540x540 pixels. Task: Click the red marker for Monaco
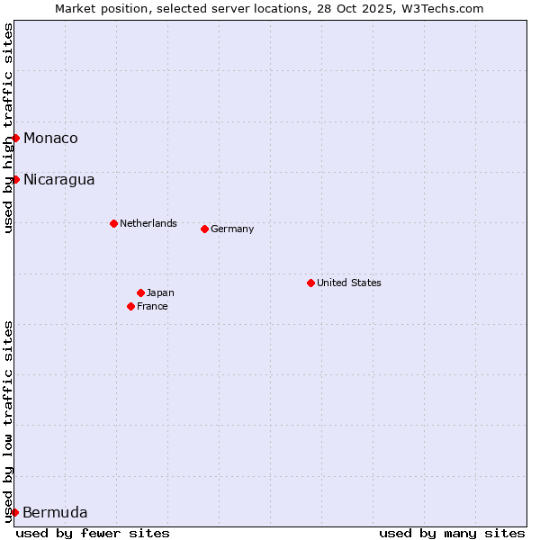point(15,138)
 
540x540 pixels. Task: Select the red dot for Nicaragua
point(15,179)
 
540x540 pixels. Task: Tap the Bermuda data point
point(14,512)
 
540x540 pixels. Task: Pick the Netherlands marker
point(113,223)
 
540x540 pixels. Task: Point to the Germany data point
point(204,229)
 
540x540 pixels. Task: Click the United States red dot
point(310,283)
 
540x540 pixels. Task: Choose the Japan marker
point(140,292)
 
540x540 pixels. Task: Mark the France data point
point(130,306)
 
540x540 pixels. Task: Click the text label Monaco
point(50,138)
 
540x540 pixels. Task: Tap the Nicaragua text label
point(58,179)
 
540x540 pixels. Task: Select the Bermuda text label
point(55,513)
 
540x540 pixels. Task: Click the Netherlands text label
point(148,223)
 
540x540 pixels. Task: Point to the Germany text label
point(232,229)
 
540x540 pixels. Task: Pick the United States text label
point(349,283)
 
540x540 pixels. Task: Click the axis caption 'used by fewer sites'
point(93,533)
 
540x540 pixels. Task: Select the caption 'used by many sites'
point(452,533)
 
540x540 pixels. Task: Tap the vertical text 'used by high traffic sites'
point(8,128)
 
